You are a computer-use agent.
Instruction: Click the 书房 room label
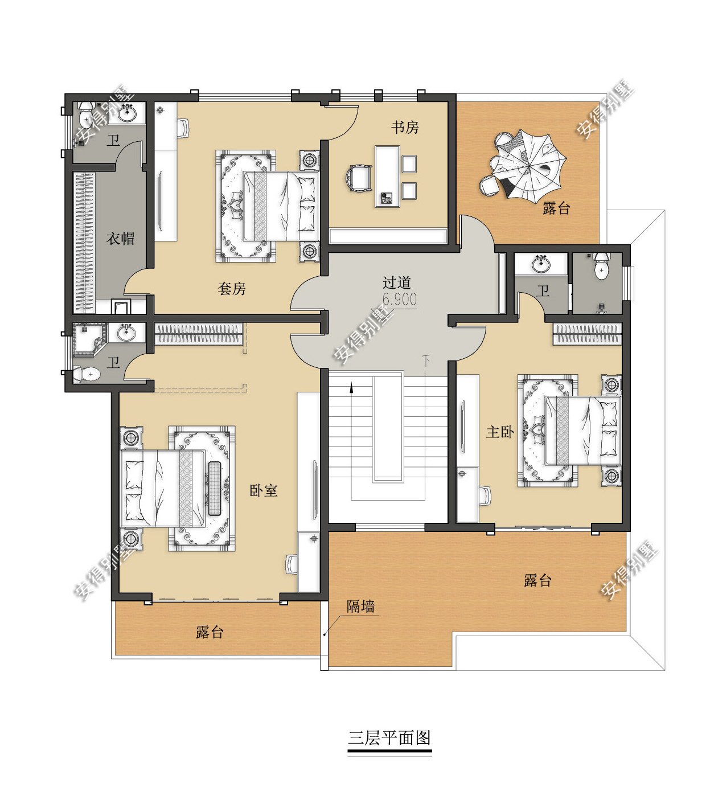tap(405, 128)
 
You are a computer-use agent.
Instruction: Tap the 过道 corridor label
tap(397, 282)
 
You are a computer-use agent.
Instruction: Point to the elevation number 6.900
tap(399, 300)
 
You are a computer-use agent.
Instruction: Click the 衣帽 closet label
tap(120, 239)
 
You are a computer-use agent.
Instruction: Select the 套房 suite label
tap(232, 289)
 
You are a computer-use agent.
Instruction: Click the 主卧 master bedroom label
tap(500, 432)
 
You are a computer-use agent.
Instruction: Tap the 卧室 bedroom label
tap(264, 490)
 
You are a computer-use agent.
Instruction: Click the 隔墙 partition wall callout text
tap(361, 606)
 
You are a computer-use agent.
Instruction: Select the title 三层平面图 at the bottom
tap(389, 738)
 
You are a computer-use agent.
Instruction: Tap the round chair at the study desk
tap(358, 178)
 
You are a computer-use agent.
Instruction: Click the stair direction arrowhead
tap(351, 388)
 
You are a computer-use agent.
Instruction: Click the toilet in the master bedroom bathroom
tap(602, 265)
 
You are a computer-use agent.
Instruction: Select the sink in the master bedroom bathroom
tap(541, 264)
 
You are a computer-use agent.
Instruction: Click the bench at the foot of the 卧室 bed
tap(215, 489)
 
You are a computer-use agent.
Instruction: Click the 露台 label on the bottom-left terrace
tap(210, 632)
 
